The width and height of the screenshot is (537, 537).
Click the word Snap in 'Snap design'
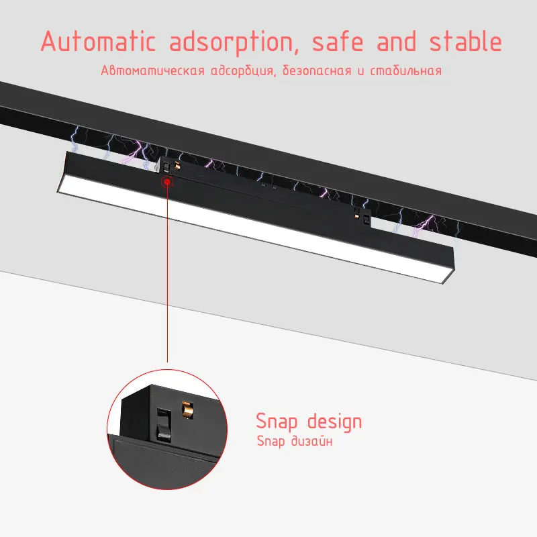278,422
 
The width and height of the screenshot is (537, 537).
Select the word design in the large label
334,422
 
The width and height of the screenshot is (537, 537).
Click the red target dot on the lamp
166,181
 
